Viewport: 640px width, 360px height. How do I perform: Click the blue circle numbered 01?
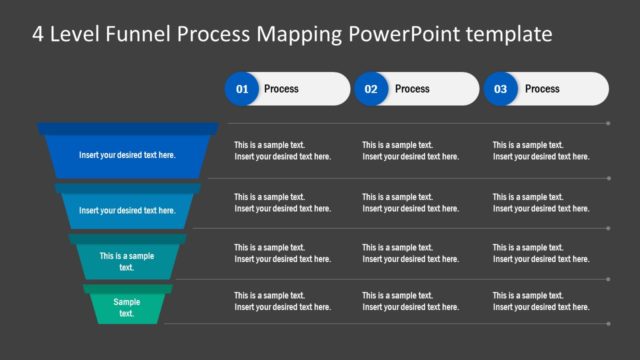point(241,89)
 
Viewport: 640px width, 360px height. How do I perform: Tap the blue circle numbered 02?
point(370,89)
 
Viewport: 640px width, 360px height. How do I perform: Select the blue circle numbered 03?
point(500,89)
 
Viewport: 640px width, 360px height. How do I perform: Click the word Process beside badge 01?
point(281,89)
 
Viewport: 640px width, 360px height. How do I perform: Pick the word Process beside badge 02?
point(412,89)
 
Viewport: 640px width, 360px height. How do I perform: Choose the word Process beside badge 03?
point(542,89)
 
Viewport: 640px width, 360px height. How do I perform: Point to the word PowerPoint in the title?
point(400,34)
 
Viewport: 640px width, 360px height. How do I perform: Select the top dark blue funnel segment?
point(127,155)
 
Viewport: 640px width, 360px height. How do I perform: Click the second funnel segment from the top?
point(127,210)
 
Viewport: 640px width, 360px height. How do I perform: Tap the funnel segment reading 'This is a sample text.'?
point(127,261)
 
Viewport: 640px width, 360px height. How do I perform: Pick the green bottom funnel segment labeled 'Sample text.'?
point(127,307)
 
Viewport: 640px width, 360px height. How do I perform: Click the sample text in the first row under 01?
point(282,150)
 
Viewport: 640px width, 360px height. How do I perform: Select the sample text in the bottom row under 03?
point(540,301)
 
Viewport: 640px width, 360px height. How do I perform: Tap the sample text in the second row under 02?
point(410,203)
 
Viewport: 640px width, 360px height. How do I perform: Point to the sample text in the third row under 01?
point(282,253)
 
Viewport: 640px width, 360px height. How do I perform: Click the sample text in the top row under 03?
point(540,150)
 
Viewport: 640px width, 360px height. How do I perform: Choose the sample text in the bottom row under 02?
point(410,301)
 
